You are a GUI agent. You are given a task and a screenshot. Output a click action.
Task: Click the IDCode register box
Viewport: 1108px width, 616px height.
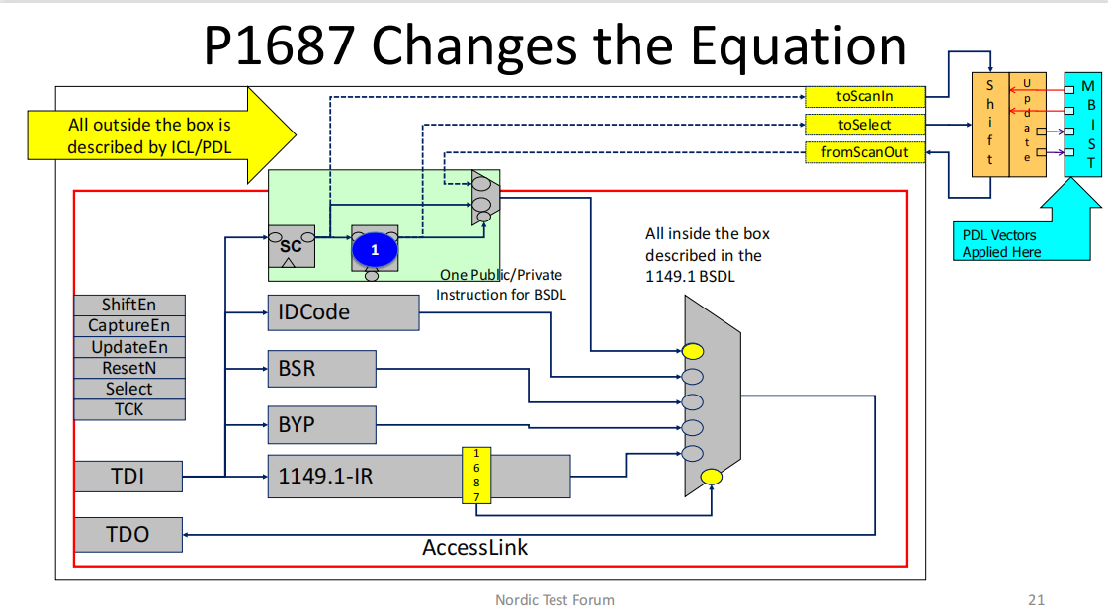(343, 312)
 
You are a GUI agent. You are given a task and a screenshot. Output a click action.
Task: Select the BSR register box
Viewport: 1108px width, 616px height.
(321, 369)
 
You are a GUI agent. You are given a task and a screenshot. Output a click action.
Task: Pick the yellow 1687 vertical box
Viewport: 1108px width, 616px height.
(476, 476)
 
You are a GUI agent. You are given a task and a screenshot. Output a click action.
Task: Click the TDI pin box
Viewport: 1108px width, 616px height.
(128, 477)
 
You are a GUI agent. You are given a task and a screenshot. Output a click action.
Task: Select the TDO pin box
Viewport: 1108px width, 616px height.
(128, 534)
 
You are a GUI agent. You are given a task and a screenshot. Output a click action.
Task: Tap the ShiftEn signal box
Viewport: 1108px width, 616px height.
(128, 306)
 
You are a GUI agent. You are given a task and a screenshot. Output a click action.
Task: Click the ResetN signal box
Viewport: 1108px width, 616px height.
(128, 368)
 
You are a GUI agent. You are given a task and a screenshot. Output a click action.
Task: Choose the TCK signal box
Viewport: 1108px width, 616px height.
(128, 409)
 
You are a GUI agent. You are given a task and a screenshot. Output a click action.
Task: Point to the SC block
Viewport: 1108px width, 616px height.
(292, 246)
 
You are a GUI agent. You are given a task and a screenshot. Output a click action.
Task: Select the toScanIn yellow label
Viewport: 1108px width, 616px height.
(865, 96)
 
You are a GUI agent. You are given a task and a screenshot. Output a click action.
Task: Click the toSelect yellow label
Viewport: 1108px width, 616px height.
(865, 125)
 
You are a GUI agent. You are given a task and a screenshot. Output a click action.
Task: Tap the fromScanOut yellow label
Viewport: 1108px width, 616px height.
(865, 153)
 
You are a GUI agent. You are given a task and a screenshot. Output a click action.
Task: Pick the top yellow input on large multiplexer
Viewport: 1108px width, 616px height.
(693, 350)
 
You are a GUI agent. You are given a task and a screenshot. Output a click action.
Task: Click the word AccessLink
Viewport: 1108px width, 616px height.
(475, 547)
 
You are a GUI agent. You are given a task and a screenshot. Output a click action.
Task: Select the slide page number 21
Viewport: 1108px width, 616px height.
(1036, 599)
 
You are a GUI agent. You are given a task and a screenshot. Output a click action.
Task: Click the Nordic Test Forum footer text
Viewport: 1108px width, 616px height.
(554, 599)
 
